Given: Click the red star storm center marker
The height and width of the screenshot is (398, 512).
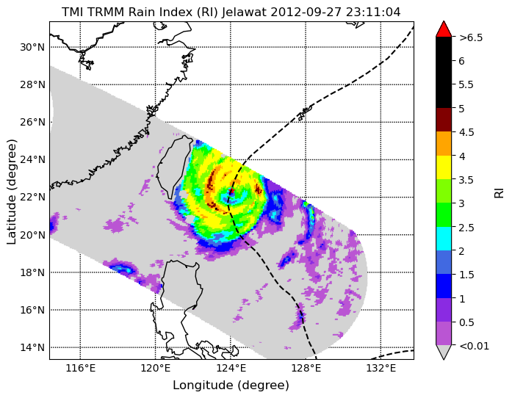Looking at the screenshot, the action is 231,191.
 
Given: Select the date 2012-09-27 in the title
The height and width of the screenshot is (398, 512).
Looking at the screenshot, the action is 306,12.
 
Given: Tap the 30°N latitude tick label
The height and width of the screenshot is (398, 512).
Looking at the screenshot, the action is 32,47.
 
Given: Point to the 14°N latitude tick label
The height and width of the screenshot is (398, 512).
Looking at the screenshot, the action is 32,347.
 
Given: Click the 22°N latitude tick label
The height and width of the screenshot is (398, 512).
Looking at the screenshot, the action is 32,198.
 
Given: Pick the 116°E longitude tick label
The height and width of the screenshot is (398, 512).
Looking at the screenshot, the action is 80,369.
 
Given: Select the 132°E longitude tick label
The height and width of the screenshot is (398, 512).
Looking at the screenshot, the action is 381,369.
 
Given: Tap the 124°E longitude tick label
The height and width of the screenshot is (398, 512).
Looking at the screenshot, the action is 231,369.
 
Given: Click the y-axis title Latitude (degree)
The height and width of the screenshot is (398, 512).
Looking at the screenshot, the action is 11,192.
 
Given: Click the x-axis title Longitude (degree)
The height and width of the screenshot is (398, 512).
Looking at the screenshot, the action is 231,386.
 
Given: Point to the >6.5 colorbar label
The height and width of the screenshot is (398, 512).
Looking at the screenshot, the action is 471,37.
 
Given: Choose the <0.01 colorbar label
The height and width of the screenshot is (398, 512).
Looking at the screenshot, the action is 474,346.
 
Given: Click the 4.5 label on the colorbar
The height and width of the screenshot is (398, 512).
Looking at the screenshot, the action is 466,132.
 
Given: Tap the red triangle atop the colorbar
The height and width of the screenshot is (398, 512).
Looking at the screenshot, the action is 444,29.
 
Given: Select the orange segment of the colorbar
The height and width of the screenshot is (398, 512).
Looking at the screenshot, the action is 444,144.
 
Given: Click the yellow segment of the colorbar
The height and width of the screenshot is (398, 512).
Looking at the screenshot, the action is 444,167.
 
